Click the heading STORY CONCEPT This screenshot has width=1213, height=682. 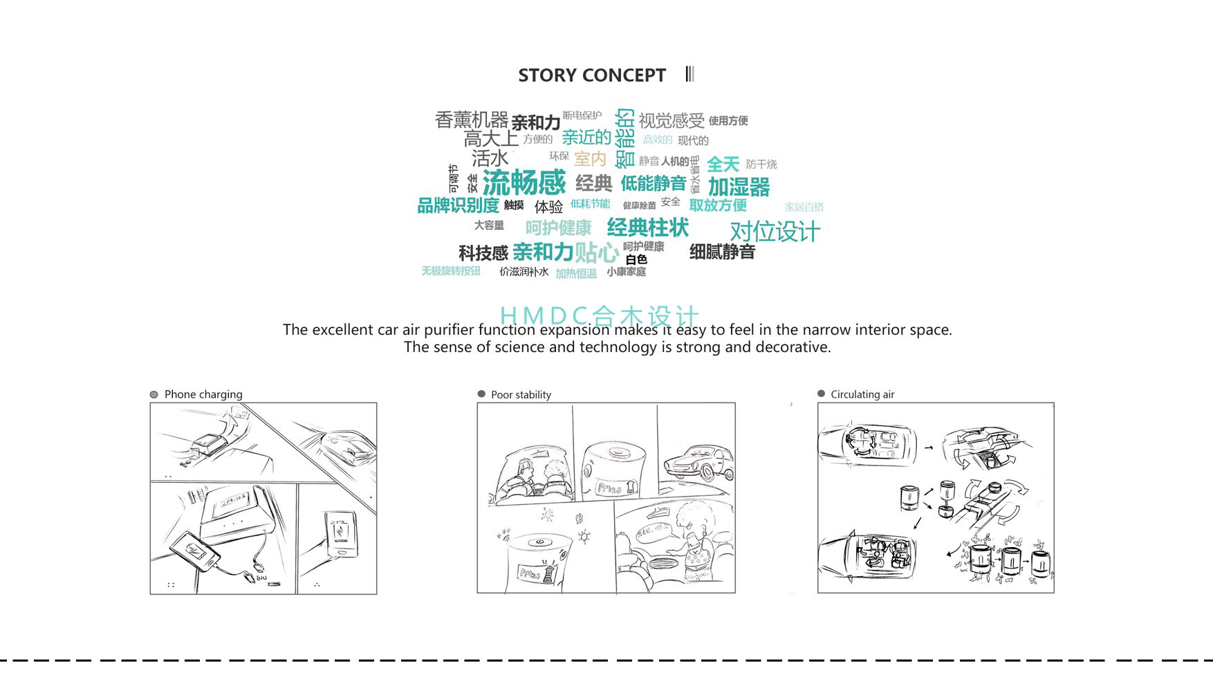[x=591, y=75]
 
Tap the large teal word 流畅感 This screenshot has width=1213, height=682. [x=524, y=183]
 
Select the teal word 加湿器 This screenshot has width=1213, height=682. [x=739, y=187]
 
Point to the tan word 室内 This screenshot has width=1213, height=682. [x=590, y=159]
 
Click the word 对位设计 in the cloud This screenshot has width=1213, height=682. [x=775, y=232]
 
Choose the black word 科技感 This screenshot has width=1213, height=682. [x=483, y=253]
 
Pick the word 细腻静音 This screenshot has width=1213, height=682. [x=722, y=252]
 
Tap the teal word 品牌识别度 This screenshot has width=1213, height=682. [x=458, y=205]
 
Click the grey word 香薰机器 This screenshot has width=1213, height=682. [x=471, y=120]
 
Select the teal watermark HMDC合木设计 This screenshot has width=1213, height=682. [x=599, y=315]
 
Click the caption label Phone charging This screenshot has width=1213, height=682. [x=203, y=394]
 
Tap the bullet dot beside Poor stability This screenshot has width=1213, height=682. [x=481, y=394]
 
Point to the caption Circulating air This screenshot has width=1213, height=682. [x=862, y=394]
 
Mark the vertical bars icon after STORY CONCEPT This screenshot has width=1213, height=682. [x=689, y=74]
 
